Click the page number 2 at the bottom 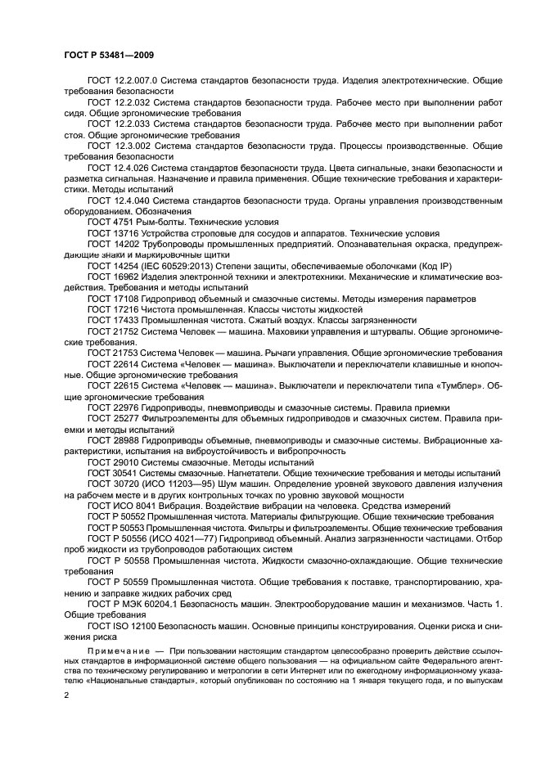[66, 695]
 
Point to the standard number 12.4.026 [131, 167]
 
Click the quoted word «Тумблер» [454, 385]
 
